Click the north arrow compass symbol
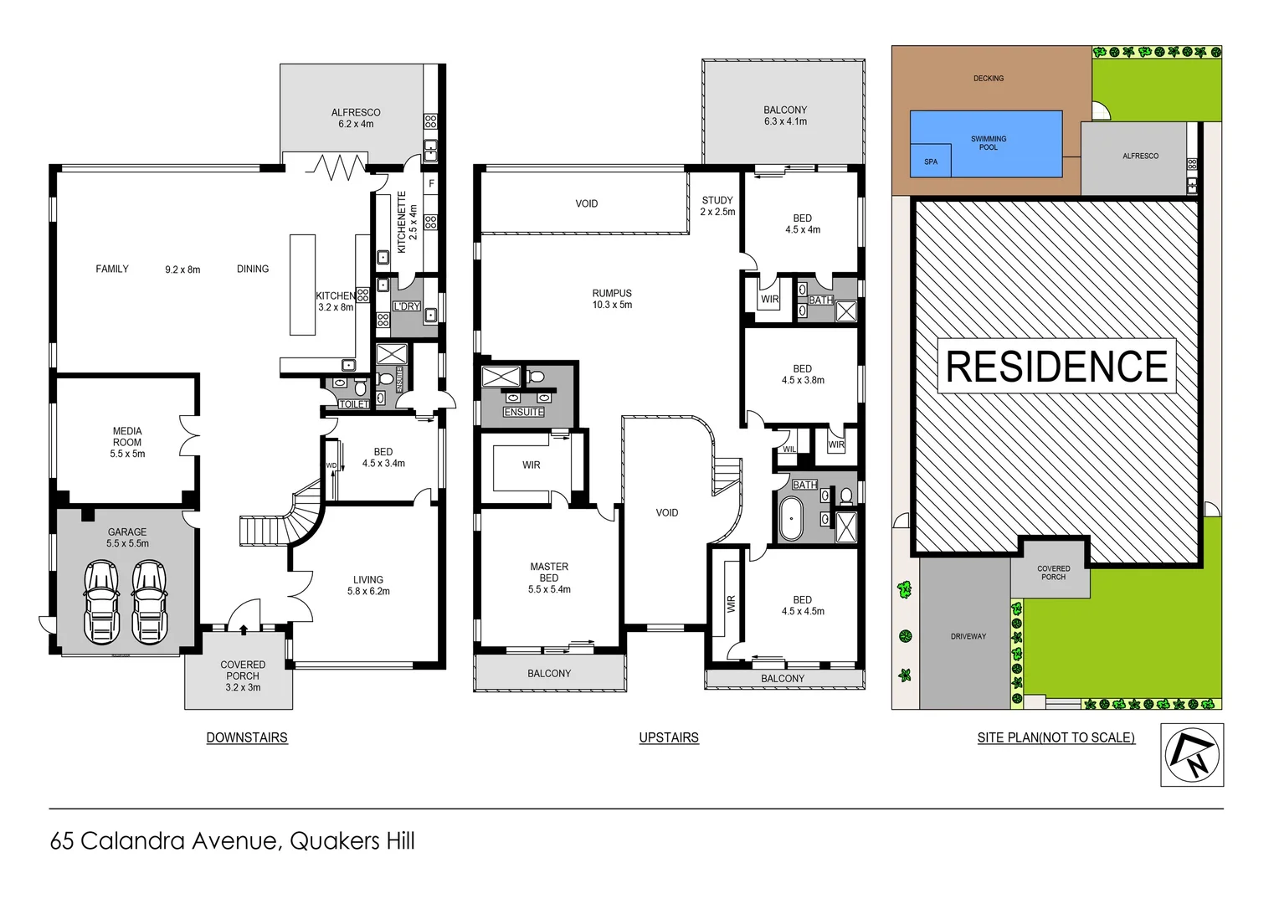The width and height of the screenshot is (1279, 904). [1191, 754]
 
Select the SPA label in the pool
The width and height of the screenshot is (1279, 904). [931, 162]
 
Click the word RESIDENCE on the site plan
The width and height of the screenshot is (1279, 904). [1056, 367]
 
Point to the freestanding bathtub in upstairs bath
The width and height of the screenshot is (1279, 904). [789, 520]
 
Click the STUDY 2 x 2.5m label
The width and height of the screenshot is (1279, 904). [717, 206]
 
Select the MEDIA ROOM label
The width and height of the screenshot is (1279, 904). [127, 442]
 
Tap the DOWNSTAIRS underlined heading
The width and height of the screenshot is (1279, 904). [247, 737]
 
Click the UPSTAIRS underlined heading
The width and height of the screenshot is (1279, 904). [668, 737]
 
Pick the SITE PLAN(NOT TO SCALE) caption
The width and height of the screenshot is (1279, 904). [1056, 737]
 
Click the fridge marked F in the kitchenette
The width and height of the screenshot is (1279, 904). [431, 183]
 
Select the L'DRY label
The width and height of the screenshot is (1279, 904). [407, 306]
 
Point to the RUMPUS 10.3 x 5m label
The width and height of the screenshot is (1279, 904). [612, 299]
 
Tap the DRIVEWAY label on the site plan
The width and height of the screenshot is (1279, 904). [968, 636]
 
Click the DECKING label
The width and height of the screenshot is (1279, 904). [988, 78]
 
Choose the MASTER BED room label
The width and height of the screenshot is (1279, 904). [549, 578]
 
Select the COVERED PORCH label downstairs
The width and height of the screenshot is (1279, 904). [243, 675]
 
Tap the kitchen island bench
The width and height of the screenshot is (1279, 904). [302, 285]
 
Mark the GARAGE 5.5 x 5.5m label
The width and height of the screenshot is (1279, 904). [127, 537]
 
